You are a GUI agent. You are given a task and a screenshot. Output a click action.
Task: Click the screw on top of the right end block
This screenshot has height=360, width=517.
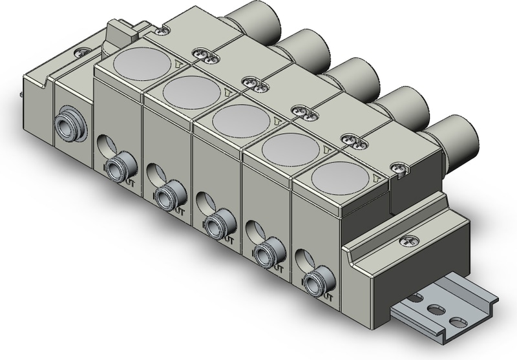(407, 241)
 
